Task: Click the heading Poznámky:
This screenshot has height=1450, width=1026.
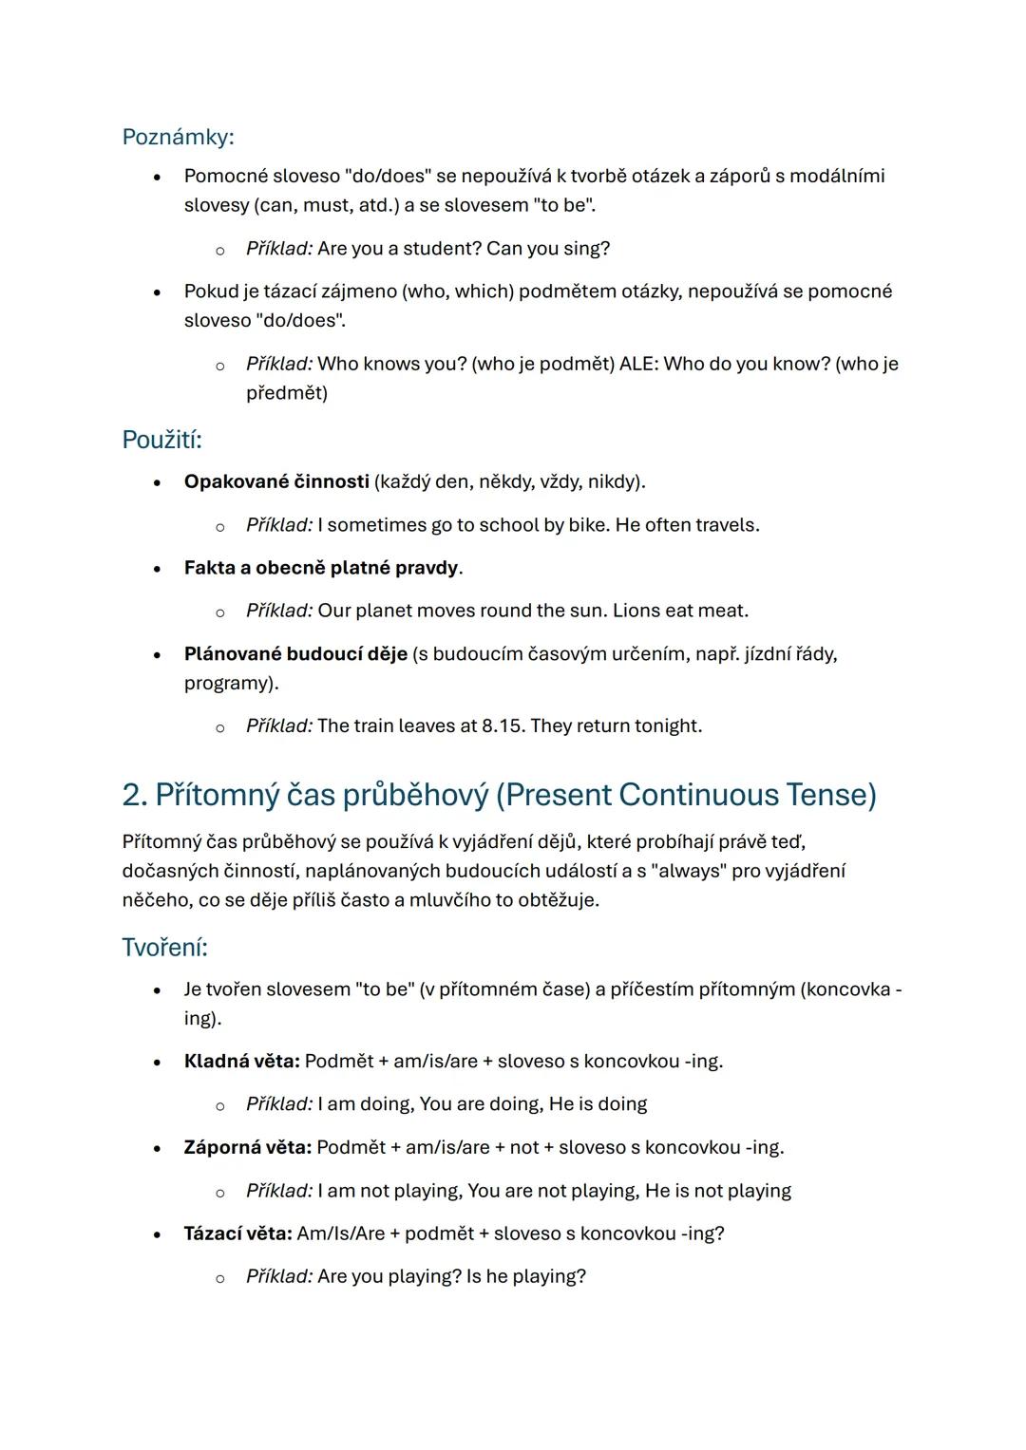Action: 178,138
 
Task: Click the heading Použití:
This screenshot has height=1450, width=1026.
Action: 161,440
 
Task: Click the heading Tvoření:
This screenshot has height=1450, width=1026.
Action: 164,947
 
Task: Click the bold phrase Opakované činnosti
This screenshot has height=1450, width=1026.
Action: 276,481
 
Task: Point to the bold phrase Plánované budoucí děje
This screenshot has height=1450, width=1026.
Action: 295,654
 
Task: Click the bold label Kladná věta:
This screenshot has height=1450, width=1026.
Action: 242,1061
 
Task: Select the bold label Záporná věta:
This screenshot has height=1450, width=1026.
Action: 248,1147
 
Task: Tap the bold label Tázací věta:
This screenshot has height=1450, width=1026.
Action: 237,1233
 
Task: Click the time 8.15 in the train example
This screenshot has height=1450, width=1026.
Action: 503,726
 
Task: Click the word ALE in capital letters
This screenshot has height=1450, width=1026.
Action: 638,364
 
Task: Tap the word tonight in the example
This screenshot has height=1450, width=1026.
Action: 666,726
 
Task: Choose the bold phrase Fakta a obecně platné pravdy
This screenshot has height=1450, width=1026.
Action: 321,568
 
